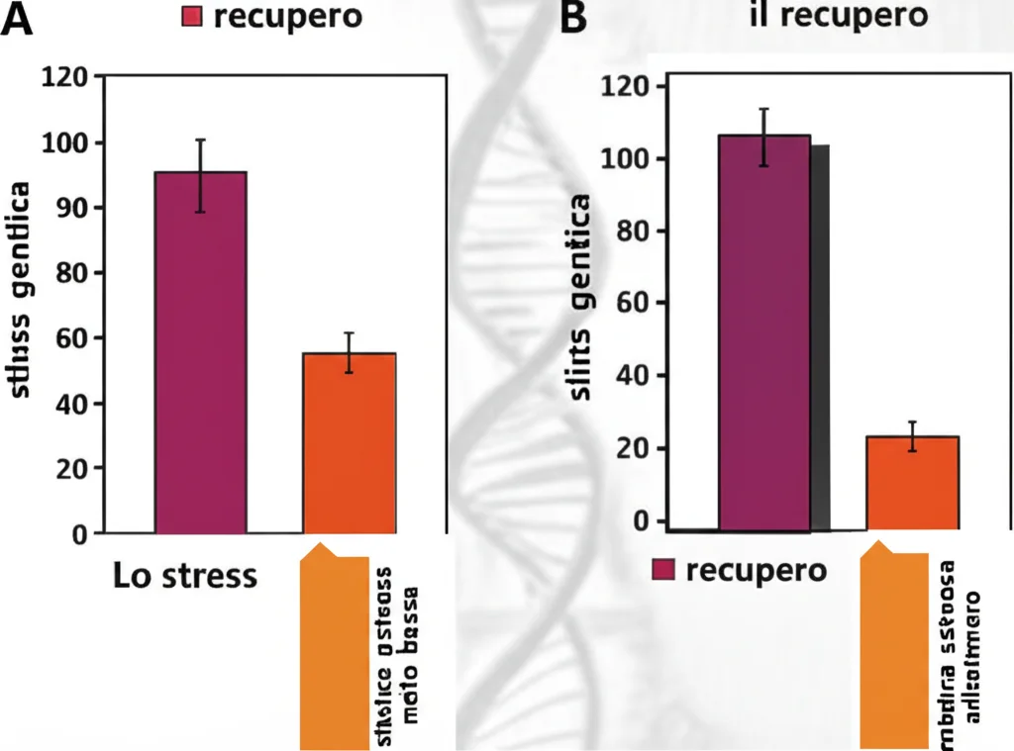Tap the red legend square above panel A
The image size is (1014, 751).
tap(193, 17)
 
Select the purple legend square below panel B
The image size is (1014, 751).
tap(663, 570)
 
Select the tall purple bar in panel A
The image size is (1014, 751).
tap(200, 351)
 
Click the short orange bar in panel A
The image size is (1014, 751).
tap(350, 442)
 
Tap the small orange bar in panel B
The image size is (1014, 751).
tap(912, 482)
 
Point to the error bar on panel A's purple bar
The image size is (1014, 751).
tap(200, 175)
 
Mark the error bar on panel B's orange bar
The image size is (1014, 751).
tap(914, 436)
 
